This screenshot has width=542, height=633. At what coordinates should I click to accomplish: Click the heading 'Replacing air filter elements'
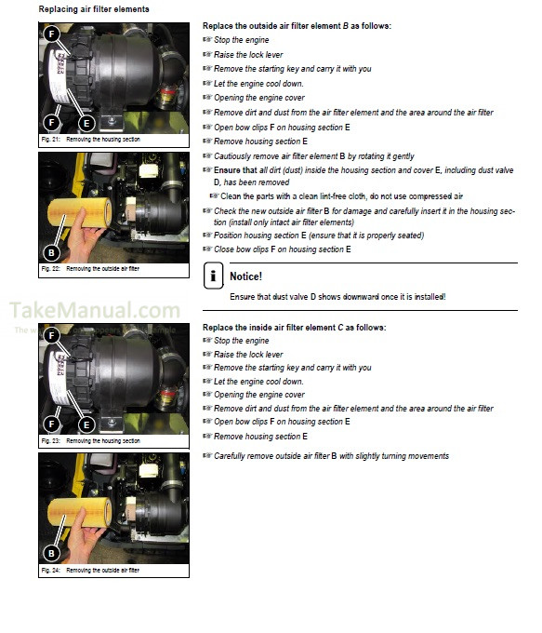(x=93, y=8)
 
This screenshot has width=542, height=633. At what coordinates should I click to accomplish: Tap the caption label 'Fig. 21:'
(x=51, y=139)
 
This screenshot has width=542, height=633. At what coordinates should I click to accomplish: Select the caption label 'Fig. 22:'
(x=51, y=269)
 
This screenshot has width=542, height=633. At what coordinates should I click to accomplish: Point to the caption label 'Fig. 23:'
(x=51, y=440)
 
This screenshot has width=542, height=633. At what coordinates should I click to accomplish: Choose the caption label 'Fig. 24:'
(x=51, y=570)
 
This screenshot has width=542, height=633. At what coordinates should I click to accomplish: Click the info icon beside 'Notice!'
(x=214, y=276)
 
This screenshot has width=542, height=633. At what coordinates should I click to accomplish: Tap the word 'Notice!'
(x=246, y=276)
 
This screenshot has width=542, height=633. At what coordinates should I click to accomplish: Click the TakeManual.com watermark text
(x=95, y=311)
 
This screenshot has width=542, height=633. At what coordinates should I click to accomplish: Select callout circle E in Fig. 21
(x=86, y=122)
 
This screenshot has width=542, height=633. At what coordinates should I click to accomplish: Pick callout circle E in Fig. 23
(x=86, y=424)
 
